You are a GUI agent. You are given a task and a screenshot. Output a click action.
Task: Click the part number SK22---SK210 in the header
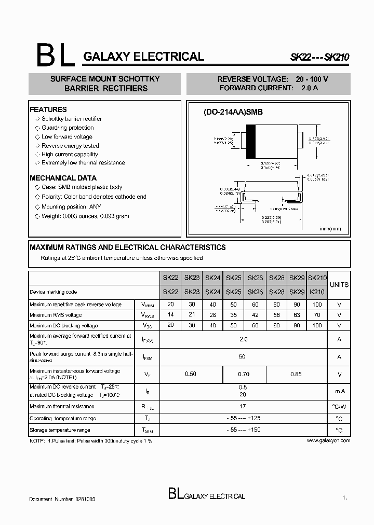tap(319, 59)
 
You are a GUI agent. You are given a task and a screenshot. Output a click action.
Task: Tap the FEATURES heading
tap(48, 109)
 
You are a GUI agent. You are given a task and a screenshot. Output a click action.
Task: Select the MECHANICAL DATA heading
tap(63, 177)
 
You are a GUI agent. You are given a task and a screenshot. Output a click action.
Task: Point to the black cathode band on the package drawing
tap(250, 142)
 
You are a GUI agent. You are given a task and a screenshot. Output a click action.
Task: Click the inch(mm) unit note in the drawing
tap(330, 229)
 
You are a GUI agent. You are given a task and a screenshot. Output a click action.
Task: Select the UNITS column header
tap(339, 285)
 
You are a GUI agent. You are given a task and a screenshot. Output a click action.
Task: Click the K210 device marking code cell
tap(317, 292)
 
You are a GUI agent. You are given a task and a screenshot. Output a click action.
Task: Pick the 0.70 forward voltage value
tap(244, 374)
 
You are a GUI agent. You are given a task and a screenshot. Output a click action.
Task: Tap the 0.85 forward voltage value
tap(296, 374)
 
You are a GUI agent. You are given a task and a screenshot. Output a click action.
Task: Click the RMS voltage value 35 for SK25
tap(234, 315)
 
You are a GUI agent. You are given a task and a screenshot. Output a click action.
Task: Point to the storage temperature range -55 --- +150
tap(244, 430)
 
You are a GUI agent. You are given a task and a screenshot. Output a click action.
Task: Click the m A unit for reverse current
tap(339, 391)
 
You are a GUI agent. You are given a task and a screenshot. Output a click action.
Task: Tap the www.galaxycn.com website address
tap(328, 440)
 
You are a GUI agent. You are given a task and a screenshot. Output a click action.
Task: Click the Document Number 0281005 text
tap(62, 499)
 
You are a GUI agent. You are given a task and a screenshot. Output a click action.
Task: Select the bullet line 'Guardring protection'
tap(68, 128)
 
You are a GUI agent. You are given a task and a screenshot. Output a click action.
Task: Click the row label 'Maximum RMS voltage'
tap(56, 315)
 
